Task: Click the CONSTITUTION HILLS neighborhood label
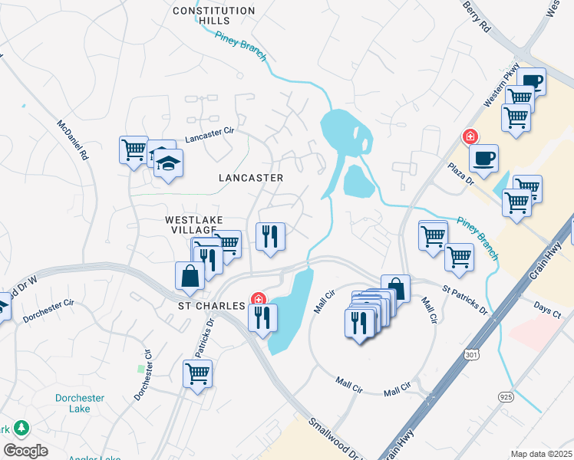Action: [213, 15]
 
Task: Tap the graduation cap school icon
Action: [167, 163]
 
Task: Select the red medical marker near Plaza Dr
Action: [470, 136]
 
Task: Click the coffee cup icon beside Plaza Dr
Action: [483, 159]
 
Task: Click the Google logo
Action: [25, 451]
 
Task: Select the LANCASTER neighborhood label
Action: [251, 178]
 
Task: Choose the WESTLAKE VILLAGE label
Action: [194, 225]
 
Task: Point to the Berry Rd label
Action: [476, 15]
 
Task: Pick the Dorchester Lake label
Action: [79, 403]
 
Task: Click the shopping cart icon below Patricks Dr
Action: [197, 374]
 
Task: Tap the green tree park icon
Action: [21, 427]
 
